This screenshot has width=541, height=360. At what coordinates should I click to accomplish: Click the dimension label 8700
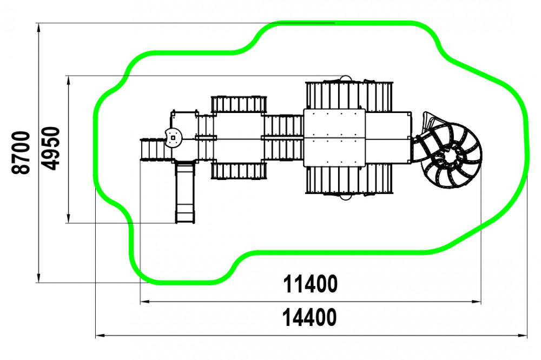coord(21,152)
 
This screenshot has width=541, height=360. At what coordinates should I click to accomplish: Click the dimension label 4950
coord(50,149)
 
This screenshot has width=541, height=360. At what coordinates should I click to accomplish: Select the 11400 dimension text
coord(310,284)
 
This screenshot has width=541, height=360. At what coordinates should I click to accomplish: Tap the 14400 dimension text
coord(309,318)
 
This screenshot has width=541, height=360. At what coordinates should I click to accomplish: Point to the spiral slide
coord(448,152)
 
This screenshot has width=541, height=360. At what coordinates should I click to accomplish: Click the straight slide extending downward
coord(185,192)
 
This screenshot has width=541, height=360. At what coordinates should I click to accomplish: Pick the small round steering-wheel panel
coord(173,138)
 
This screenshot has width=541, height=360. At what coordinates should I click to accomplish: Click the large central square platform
coord(334,138)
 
